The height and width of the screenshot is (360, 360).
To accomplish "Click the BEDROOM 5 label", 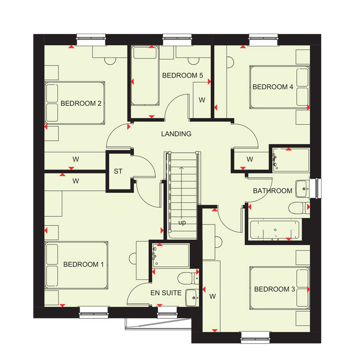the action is coord(182,75).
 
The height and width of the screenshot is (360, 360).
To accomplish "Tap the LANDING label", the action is coord(176,134).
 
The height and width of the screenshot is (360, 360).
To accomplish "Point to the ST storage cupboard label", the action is coord(118,171).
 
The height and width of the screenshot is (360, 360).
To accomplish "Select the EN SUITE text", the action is coord(166,293).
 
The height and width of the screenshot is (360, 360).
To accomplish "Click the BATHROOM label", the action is coord(272,190).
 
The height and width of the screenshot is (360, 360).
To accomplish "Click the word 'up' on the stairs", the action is coord(182,223).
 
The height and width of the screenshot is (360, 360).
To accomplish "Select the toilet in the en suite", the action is coord(188,278).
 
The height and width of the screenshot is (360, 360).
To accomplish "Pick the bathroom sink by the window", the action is coord(303,189).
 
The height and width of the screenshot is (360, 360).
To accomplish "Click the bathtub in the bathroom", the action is coord(275,230).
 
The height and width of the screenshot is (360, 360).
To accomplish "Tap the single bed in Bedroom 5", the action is coord(145,75).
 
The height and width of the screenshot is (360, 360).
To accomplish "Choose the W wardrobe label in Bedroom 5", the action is coord(202,100).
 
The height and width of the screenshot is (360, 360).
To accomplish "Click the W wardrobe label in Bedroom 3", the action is coord(213,297).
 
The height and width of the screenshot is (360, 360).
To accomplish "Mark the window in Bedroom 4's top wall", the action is coord(263,40).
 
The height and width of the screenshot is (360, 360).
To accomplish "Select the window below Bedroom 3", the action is coord(255,337).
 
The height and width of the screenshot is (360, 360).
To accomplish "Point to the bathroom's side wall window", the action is coord(315,188).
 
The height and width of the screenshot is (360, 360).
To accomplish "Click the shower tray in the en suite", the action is coord(171,255).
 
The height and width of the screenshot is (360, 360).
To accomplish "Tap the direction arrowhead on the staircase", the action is coord(181,168).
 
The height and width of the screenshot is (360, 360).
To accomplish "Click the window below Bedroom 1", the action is coord(93,313).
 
